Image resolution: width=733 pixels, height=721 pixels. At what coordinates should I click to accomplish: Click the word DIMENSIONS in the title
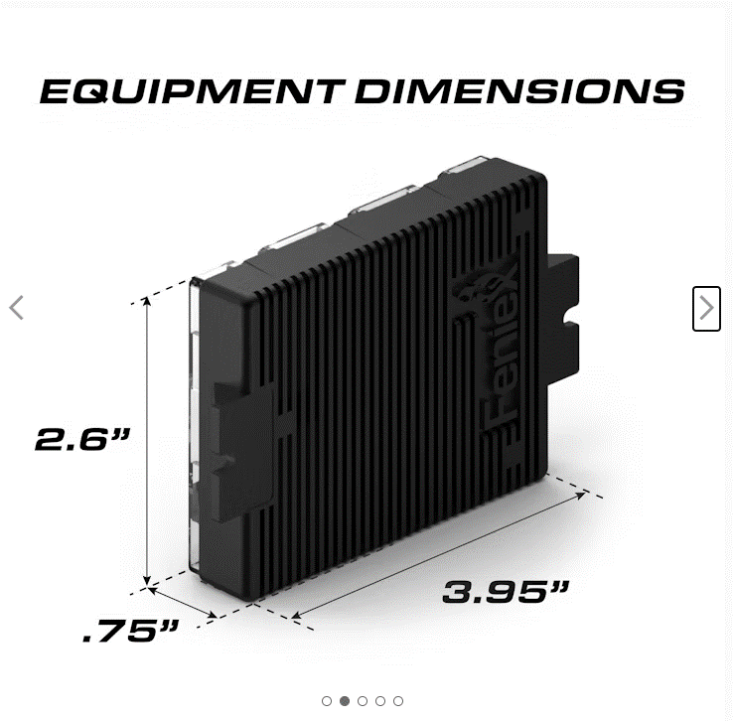point(519,91)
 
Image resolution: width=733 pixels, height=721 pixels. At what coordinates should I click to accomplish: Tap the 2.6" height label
point(83,439)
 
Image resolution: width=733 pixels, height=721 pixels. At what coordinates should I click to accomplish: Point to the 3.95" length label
point(506,593)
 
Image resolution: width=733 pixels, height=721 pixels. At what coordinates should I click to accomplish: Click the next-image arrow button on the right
point(706,308)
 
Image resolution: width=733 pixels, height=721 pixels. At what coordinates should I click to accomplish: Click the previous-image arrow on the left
point(16,308)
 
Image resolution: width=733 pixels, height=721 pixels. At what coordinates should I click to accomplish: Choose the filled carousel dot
point(345,701)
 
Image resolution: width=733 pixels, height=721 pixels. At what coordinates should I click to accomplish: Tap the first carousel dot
point(327,701)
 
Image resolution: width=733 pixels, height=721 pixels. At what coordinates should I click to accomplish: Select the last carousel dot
point(398,701)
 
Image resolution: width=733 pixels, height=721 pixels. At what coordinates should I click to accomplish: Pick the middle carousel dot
point(363,701)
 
